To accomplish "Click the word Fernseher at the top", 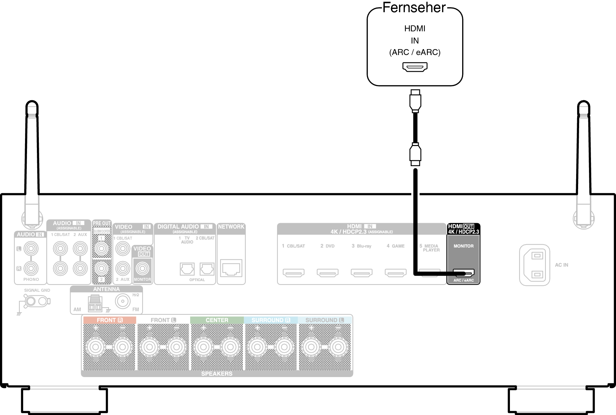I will [x=414, y=8].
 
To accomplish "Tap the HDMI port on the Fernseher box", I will [x=415, y=67].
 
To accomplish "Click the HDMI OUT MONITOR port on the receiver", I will [x=463, y=273].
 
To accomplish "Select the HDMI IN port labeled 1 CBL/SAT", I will [x=294, y=273].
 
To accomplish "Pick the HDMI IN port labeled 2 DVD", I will [x=327, y=273].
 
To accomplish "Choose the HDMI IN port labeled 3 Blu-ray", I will [x=362, y=273].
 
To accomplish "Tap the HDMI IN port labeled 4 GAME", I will [x=396, y=273].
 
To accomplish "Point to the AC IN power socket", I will [x=535, y=265].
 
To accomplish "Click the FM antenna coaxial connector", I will [x=123, y=301].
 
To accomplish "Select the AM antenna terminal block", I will [x=95, y=304].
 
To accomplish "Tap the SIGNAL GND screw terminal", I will [x=31, y=301].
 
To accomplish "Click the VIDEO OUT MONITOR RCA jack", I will [x=142, y=268].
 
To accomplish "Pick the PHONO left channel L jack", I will [x=31, y=249].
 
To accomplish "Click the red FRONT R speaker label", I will [x=109, y=320].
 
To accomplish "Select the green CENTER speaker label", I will [x=217, y=320].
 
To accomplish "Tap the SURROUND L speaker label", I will [x=324, y=320].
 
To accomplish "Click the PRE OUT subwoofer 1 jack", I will [x=102, y=249].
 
